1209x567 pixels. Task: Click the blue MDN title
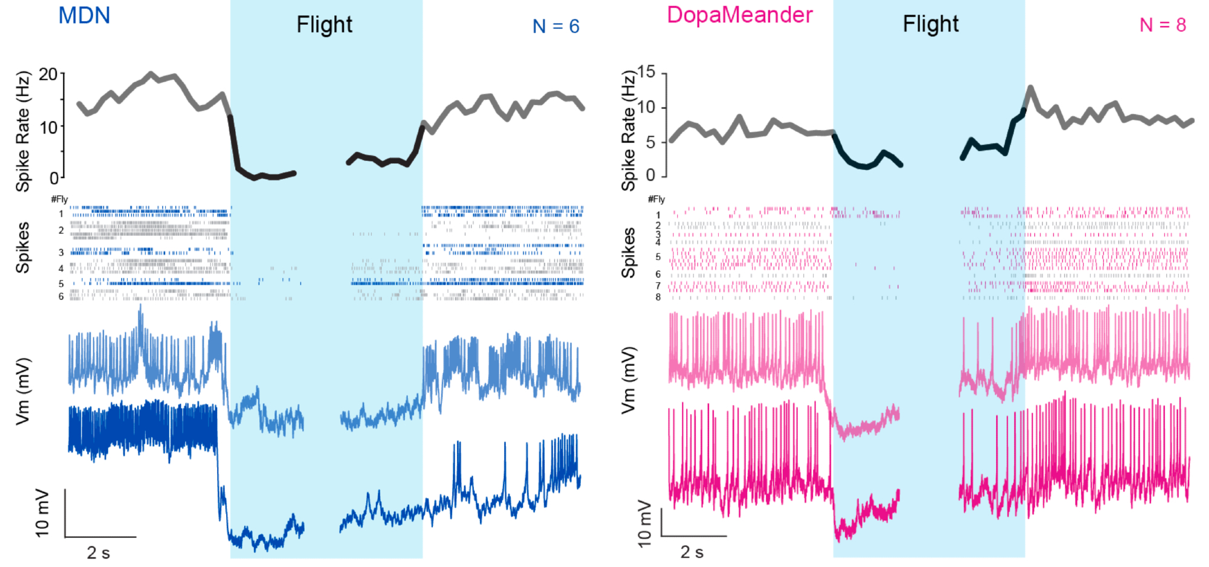click(x=84, y=16)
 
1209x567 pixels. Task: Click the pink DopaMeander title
click(x=739, y=15)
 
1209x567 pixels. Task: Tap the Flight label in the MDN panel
click(x=324, y=25)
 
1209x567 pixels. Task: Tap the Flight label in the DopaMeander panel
click(x=930, y=24)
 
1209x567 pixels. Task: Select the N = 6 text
click(x=556, y=27)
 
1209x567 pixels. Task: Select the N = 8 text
click(x=1162, y=25)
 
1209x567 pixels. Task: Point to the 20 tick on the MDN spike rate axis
click(x=48, y=74)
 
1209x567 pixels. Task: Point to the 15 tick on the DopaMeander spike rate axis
click(x=646, y=72)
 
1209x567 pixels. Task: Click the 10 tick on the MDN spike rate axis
click(x=48, y=128)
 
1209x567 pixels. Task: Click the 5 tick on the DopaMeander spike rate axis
click(x=650, y=143)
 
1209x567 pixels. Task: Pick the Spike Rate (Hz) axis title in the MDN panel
click(x=23, y=131)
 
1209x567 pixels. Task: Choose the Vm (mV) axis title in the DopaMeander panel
click(x=629, y=380)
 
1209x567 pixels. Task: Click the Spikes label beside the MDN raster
click(x=23, y=247)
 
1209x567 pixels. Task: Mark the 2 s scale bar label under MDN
click(x=99, y=552)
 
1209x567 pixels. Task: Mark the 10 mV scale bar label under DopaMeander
click(x=645, y=523)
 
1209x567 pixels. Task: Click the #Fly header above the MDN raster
click(x=59, y=199)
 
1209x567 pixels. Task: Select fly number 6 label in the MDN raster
click(x=61, y=297)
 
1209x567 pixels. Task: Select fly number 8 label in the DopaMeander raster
click(x=658, y=297)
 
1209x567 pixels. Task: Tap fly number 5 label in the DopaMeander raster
click(x=658, y=257)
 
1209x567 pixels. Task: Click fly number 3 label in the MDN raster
click(x=61, y=253)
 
